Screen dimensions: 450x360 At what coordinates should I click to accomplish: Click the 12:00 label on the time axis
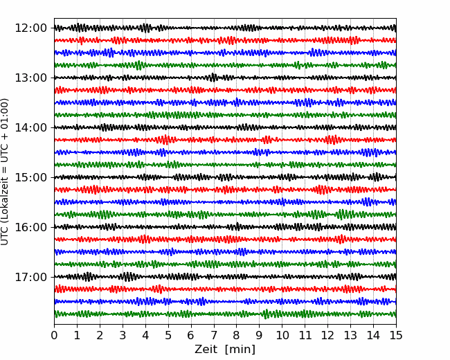click(x=30, y=28)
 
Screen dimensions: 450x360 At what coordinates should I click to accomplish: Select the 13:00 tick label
click(x=30, y=78)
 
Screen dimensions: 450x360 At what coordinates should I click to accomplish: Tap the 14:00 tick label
click(x=30, y=127)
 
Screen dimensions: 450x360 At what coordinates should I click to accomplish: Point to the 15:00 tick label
click(x=30, y=177)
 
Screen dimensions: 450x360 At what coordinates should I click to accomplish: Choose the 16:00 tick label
click(x=30, y=227)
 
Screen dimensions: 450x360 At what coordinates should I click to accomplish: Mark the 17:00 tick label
click(x=30, y=277)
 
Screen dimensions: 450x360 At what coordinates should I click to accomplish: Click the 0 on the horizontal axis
click(x=54, y=335)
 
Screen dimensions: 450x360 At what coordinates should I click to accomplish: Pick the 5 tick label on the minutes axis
click(x=168, y=335)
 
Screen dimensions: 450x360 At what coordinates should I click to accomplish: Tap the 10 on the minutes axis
click(x=282, y=335)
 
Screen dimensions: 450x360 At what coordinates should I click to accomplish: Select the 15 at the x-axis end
click(x=396, y=335)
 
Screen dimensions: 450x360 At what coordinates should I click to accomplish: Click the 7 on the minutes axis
click(x=214, y=335)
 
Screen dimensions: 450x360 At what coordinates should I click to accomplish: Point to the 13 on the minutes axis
click(x=351, y=335)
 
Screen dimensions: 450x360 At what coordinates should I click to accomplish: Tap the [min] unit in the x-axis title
click(x=240, y=350)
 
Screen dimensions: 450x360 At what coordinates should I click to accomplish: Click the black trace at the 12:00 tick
click(x=225, y=28)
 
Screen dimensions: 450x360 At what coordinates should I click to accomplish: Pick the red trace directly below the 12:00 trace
click(x=225, y=40)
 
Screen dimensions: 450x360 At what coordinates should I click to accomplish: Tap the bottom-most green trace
click(x=225, y=314)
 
